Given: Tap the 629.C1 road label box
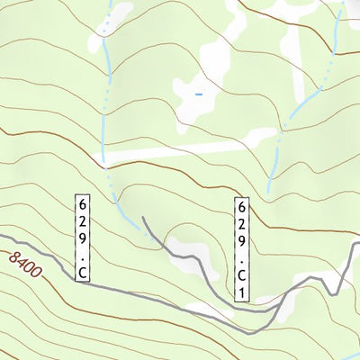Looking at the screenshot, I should (241, 249).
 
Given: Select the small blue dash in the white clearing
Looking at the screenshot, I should (199, 92).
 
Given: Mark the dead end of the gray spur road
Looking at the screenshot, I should (144, 219).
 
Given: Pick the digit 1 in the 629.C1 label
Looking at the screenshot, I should (241, 292).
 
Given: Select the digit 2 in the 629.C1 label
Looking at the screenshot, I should (241, 223).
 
